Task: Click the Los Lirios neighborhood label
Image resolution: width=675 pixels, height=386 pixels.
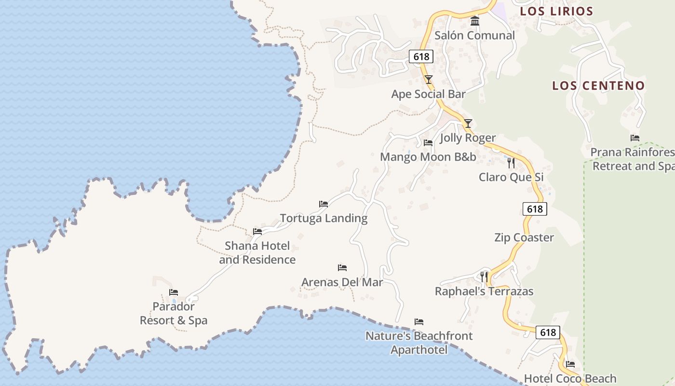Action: click(556, 11)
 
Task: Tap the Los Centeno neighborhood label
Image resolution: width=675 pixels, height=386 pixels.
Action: click(598, 86)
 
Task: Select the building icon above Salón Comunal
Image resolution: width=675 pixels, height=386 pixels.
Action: click(475, 21)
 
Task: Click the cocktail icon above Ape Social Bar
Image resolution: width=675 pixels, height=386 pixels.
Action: click(429, 80)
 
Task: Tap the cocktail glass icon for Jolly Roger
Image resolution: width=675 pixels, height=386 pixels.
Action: click(468, 124)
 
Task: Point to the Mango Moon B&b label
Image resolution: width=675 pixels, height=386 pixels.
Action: click(428, 157)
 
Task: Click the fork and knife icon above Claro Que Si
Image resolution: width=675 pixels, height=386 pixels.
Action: click(511, 163)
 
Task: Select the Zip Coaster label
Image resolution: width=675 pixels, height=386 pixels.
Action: click(524, 237)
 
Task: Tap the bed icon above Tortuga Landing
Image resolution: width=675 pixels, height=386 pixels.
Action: click(324, 204)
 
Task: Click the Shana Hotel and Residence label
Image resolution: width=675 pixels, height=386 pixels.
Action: click(257, 253)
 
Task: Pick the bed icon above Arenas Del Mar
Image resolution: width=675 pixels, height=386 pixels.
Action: click(342, 268)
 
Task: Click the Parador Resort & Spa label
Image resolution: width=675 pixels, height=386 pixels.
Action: click(174, 314)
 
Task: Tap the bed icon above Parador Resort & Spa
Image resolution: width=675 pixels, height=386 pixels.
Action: click(174, 292)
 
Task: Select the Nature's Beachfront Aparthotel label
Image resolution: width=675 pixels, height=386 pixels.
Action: click(419, 343)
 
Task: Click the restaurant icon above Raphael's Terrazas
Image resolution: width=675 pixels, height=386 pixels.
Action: click(484, 277)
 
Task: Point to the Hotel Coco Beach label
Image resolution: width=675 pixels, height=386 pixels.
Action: click(570, 379)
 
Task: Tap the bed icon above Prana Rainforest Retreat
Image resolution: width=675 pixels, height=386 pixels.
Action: click(635, 138)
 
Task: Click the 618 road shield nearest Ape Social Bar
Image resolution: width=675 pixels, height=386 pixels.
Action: click(421, 56)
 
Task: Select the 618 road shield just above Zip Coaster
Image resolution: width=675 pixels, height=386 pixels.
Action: click(535, 209)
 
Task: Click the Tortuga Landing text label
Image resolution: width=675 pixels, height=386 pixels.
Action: click(324, 219)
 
